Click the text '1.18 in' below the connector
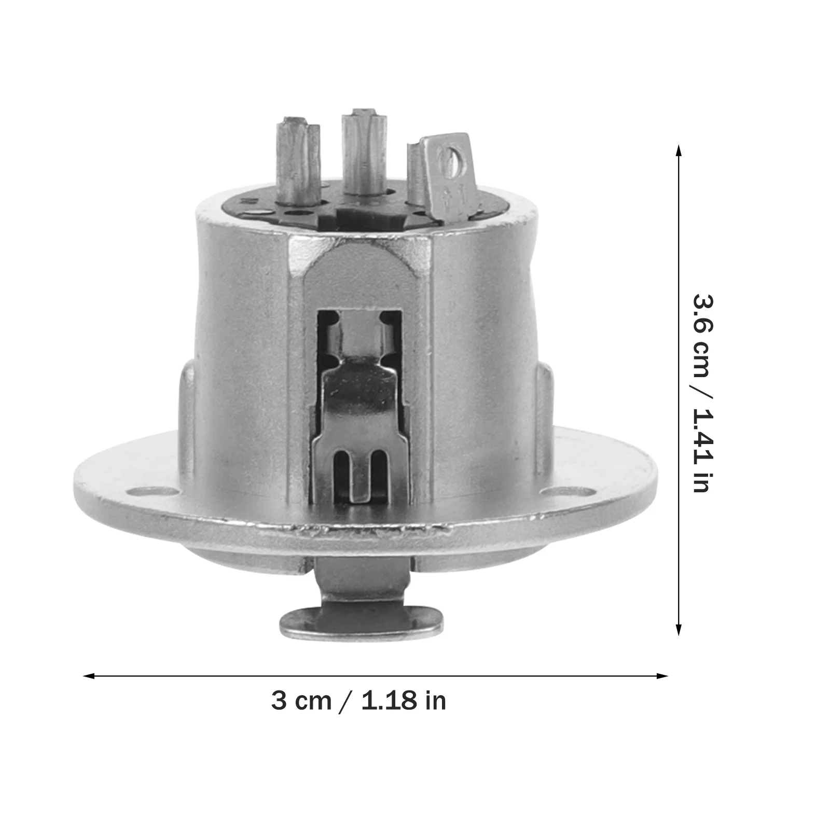pyautogui.click(x=404, y=701)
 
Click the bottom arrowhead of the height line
pyautogui.click(x=678, y=630)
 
